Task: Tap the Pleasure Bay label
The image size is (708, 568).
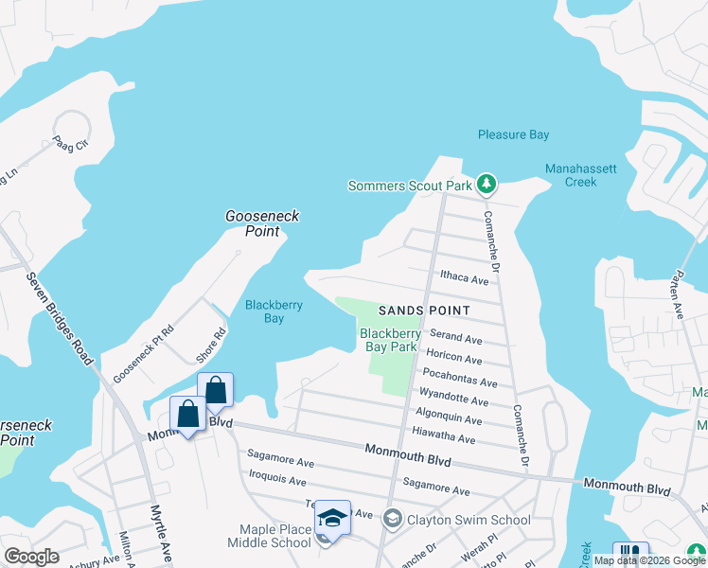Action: pyautogui.click(x=513, y=135)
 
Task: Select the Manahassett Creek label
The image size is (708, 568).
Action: pyautogui.click(x=581, y=175)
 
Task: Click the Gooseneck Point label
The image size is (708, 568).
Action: pyautogui.click(x=262, y=223)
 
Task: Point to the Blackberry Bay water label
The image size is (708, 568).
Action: pyautogui.click(x=265, y=311)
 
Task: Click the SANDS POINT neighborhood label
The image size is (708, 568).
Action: pyautogui.click(x=424, y=311)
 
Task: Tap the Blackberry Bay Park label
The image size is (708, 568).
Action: pyautogui.click(x=390, y=340)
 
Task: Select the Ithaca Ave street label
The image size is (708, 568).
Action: pyautogui.click(x=464, y=280)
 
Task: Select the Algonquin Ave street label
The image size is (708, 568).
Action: pyautogui.click(x=450, y=418)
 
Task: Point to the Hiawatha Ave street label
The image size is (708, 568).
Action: pyautogui.click(x=444, y=437)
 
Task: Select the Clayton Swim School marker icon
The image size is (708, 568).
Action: pyautogui.click(x=392, y=519)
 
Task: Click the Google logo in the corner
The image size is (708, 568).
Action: pyautogui.click(x=31, y=557)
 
